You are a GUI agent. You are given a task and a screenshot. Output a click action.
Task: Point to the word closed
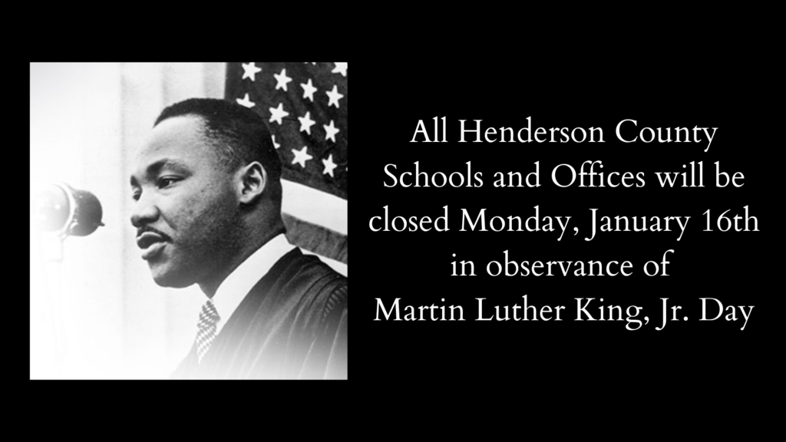click(x=409, y=221)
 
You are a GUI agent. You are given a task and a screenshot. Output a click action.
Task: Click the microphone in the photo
click(x=70, y=209)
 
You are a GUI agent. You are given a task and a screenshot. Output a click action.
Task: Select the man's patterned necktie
click(x=206, y=328)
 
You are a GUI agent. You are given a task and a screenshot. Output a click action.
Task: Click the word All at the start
click(x=428, y=132)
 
